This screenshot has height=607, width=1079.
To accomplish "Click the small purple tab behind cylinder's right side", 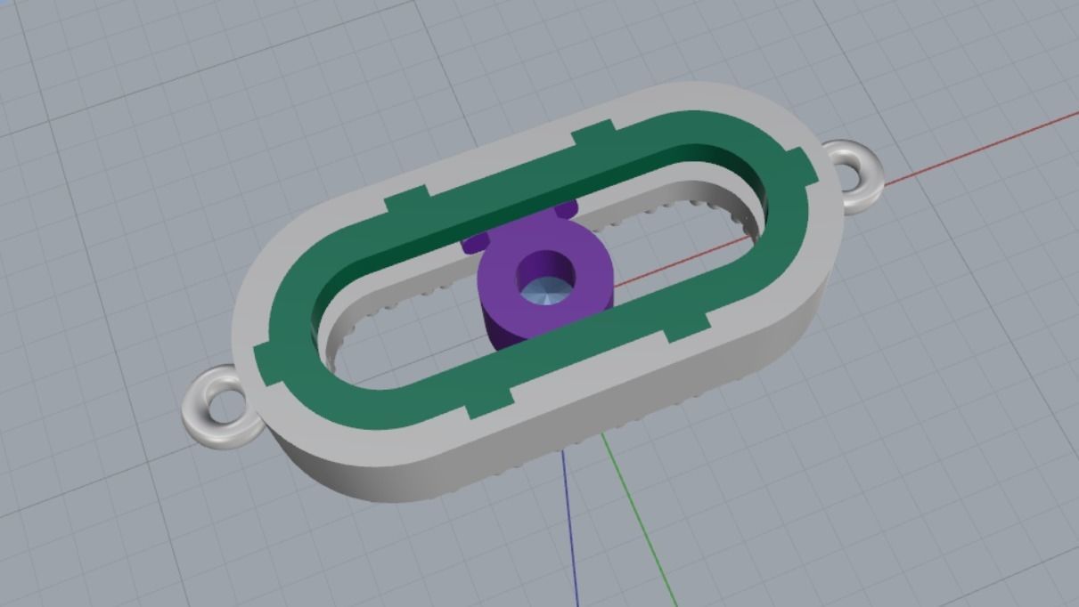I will coord(567,209).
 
